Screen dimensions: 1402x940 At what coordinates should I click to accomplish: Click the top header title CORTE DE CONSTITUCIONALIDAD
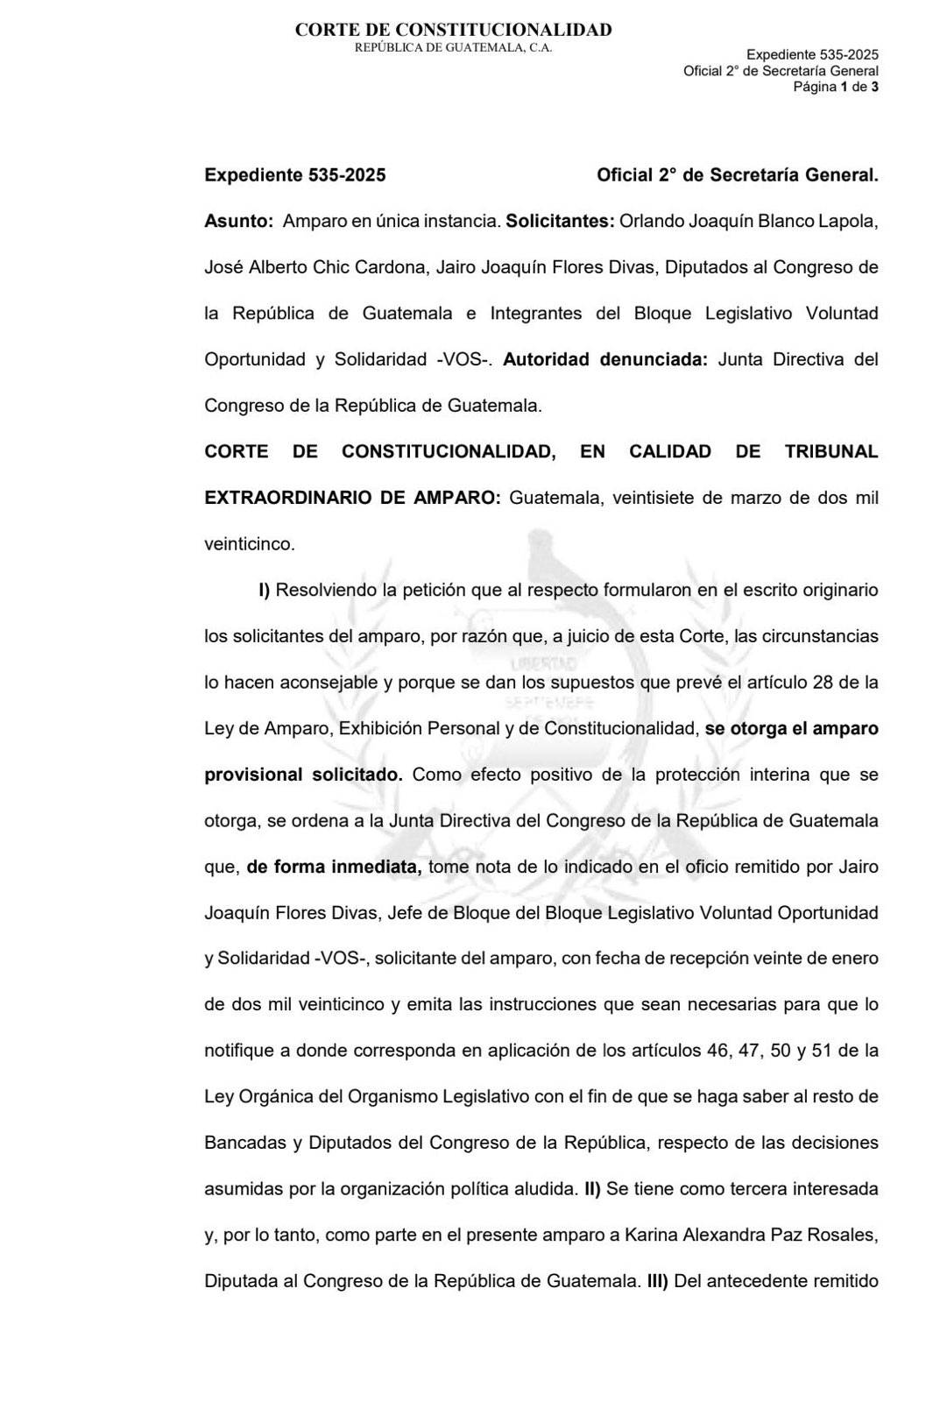pos(453,30)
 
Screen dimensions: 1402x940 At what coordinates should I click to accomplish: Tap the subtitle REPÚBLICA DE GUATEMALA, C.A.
pos(453,47)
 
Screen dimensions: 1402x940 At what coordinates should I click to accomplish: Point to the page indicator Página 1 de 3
pos(835,87)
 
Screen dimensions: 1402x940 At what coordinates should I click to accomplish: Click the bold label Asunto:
pos(239,222)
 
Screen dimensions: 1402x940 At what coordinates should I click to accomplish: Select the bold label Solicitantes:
pos(560,222)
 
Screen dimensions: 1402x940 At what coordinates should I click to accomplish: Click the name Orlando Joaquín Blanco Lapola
pos(748,222)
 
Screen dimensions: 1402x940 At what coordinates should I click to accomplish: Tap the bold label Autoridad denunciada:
pos(605,359)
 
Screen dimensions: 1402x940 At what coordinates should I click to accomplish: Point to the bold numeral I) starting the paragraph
pos(264,590)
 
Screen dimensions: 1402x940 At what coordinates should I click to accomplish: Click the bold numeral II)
pos(592,1189)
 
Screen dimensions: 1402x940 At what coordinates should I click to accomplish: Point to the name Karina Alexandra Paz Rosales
pos(751,1235)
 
